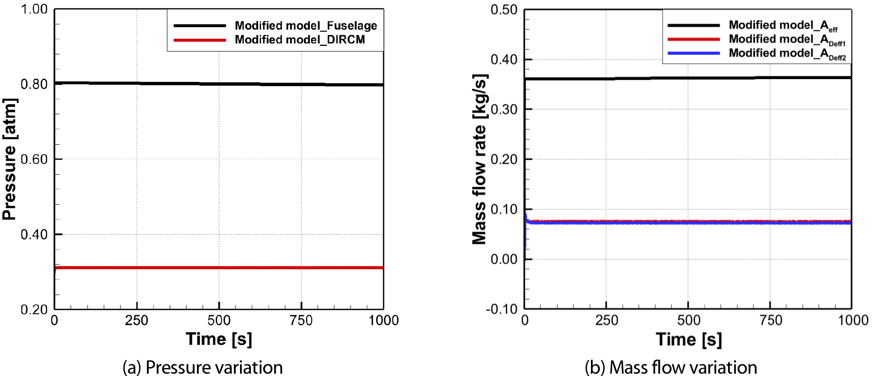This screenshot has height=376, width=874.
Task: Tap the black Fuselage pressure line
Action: [x=219, y=84]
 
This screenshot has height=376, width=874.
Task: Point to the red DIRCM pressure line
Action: [x=219, y=268]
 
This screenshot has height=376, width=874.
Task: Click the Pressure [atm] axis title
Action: [x=9, y=159]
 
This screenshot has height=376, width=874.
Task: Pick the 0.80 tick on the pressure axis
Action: [x=34, y=84]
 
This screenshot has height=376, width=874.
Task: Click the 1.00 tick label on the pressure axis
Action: [x=34, y=9]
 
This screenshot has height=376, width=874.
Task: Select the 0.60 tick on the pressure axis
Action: [x=34, y=159]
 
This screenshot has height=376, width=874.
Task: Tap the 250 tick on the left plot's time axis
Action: [x=137, y=320]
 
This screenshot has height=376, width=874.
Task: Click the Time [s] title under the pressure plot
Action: [x=219, y=339]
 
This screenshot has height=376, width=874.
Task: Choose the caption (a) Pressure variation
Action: [x=203, y=368]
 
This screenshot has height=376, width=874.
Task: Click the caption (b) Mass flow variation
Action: [x=671, y=368]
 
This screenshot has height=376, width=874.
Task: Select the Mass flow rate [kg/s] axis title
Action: [x=480, y=159]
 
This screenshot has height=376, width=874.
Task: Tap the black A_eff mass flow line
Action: [x=688, y=78]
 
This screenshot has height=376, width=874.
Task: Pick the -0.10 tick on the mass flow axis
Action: [x=502, y=309]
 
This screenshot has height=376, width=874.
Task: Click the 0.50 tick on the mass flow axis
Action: [x=504, y=10]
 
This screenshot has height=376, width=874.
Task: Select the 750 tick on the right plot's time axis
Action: [x=770, y=320]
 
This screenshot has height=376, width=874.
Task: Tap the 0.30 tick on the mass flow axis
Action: [x=504, y=110]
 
